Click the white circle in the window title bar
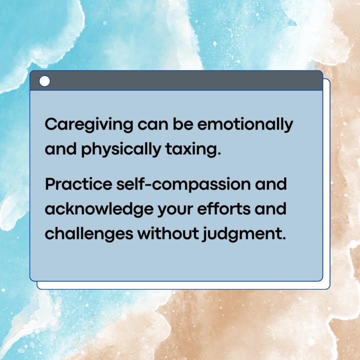coord(44,81)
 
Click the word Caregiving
coord(89,125)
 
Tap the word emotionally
coord(245,125)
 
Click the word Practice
coord(78,184)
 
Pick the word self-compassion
coord(183,185)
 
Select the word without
coord(168,233)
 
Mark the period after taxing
coord(219,154)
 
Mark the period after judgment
coord(284,238)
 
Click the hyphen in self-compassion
coord(148,185)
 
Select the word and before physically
coord(60,149)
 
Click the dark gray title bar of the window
coord(176,80)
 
